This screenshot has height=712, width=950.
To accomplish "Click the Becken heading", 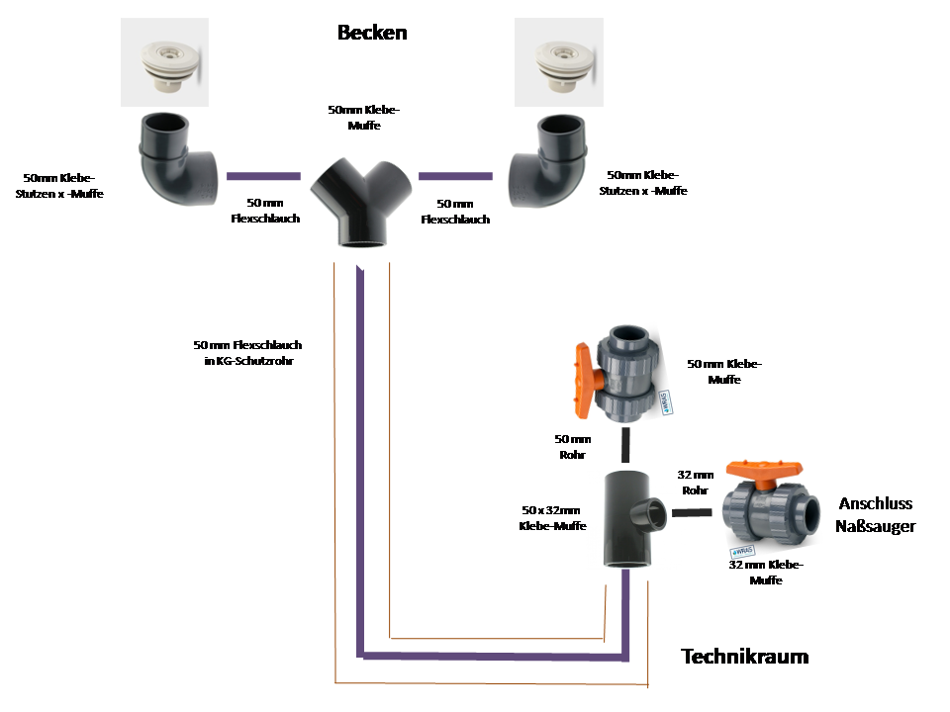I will pos(372,33).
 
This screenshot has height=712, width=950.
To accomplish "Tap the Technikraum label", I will pos(744,657).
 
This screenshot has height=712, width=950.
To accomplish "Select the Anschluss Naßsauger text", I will pos(875,514).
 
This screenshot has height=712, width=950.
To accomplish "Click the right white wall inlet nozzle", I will pos(559,62).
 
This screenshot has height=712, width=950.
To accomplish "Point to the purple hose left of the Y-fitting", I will pos(263,176).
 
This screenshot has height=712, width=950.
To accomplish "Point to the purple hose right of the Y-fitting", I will pos(455,176).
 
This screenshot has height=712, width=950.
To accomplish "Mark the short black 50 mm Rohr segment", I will pos(625,444).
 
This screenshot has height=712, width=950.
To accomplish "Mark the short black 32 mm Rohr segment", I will pos(692,512).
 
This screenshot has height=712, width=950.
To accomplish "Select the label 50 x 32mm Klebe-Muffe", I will pos(552,518).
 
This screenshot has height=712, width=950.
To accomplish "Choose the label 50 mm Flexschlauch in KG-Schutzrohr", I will pos(247,353).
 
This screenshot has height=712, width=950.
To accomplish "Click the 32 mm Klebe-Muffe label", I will pos(766,573).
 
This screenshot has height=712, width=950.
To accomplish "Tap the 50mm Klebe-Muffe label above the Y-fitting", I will pos(364,118).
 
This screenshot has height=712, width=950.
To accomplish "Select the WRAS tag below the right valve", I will pos(743,551).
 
